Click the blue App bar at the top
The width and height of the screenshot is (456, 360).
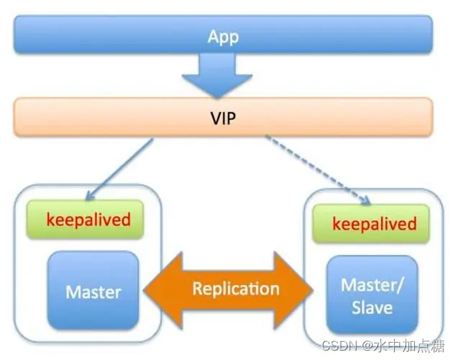coord(108,35)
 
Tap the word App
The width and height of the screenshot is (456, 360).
coord(223,36)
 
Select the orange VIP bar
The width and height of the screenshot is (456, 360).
coord(108,117)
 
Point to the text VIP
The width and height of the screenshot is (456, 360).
coord(223,117)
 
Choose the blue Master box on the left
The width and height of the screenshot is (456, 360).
coord(94,292)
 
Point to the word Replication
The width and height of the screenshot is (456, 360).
coord(235,289)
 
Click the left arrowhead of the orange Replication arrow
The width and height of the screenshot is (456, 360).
coord(155,289)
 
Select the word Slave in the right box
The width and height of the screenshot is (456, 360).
coord(372,308)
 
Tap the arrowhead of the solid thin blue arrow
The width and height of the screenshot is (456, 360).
coord(89,196)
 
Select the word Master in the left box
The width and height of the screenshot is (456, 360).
coord(94,292)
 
